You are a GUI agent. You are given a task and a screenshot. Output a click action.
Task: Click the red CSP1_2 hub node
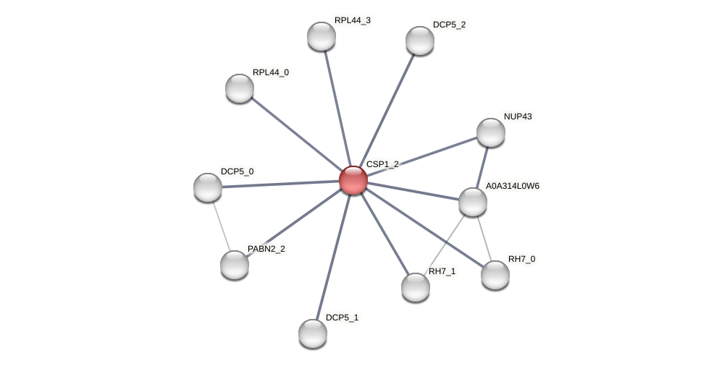353,180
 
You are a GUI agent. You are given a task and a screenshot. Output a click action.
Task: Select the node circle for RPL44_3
322,36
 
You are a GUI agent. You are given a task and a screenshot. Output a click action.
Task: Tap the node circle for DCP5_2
420,41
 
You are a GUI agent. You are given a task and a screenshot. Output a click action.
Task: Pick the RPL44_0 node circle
240,88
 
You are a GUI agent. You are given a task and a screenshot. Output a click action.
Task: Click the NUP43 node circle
491,132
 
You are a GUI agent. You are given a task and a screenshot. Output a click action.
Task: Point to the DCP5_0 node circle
208,187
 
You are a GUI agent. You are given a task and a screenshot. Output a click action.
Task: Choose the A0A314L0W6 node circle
473,202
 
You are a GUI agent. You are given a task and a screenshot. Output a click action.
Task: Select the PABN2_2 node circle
235,265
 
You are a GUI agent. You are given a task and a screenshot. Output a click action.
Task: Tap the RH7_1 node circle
416,287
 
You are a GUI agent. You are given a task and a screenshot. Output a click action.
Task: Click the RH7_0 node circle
495,275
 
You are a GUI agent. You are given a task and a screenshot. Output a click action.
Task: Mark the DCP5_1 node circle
313,333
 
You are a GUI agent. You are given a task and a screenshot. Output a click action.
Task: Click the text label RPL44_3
352,20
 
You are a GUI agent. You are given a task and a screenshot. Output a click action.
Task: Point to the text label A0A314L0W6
512,186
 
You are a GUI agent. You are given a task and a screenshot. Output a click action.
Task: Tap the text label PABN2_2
266,250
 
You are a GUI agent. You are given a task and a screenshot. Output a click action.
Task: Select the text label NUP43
518,116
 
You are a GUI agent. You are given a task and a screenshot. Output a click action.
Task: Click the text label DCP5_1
342,318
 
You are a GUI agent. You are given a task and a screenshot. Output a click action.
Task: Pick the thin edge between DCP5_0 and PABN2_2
221,226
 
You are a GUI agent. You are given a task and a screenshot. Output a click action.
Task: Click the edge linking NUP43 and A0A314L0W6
482,167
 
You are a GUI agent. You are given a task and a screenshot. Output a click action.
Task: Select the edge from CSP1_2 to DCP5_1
333,257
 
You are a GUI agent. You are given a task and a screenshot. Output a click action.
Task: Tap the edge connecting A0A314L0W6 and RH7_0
484,238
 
